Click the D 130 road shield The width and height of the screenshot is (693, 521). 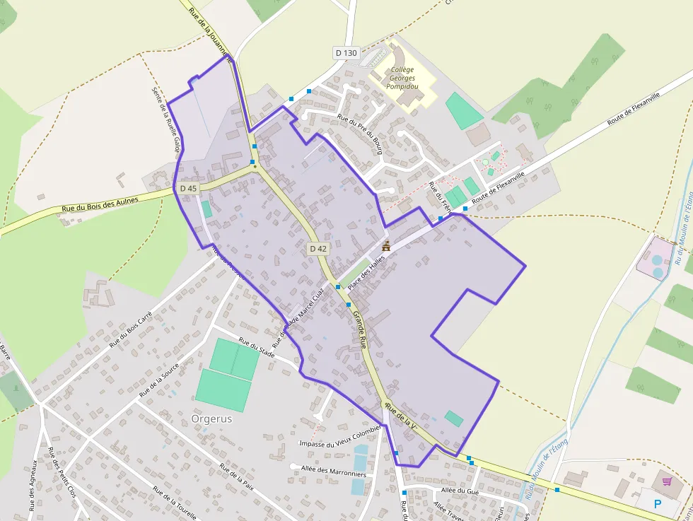point(346,52)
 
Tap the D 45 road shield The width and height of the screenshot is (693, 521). point(188,189)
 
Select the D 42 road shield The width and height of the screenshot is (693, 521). point(318,248)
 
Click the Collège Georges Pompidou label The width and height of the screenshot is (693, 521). point(402,78)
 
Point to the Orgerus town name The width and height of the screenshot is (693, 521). point(211,418)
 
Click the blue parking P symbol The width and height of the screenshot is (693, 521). point(658,504)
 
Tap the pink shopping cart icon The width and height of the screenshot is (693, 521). point(666,481)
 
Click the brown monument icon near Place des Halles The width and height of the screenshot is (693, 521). point(386,247)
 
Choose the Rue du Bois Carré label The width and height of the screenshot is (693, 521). point(132,330)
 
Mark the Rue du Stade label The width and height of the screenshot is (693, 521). point(257,347)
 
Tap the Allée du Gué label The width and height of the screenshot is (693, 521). point(460,490)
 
